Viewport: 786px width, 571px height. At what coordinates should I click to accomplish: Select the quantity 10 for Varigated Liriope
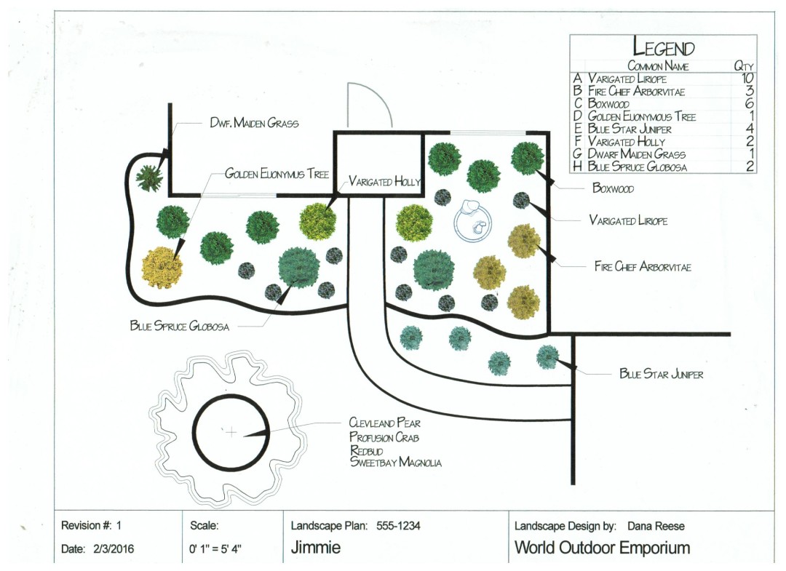745,78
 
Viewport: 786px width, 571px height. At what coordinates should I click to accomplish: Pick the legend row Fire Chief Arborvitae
636,91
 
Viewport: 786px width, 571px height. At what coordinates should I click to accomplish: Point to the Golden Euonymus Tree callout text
277,174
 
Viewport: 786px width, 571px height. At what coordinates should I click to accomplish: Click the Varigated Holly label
384,181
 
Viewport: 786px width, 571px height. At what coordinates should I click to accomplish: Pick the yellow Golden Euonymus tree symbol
160,267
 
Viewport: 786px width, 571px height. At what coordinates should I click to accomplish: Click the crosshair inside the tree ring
231,433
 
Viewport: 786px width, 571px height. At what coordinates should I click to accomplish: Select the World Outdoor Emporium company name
602,548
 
